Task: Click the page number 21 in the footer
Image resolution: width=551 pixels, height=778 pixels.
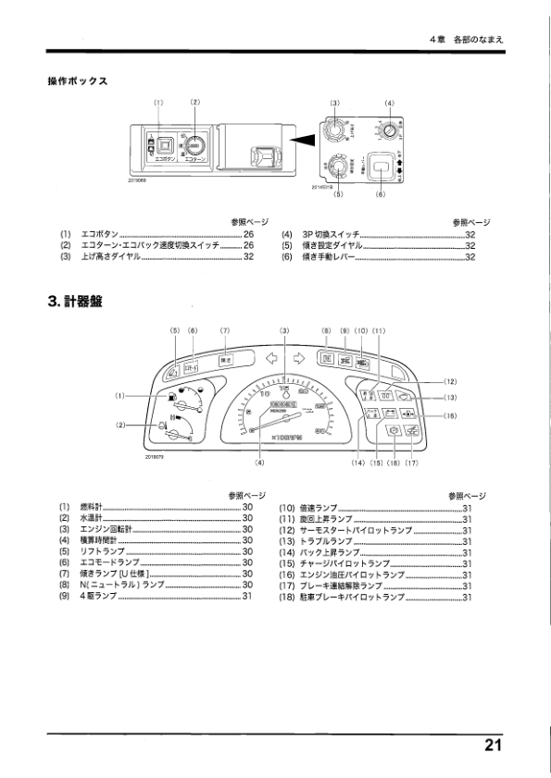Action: click(x=491, y=746)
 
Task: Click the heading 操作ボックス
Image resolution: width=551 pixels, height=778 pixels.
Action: click(x=78, y=80)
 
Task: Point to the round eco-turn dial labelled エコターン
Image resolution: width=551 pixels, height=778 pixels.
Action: click(x=194, y=145)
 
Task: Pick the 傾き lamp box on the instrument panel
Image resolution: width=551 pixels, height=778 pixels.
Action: click(x=224, y=360)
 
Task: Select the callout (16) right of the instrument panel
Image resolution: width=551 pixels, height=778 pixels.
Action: click(x=450, y=416)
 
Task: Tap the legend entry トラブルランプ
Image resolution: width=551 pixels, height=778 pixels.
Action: click(x=326, y=540)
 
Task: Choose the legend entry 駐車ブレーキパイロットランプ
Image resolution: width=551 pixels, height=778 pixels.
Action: click(x=353, y=597)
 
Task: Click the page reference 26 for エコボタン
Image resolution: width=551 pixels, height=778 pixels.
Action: click(x=248, y=235)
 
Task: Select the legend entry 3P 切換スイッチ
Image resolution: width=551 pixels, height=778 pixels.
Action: click(x=332, y=235)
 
